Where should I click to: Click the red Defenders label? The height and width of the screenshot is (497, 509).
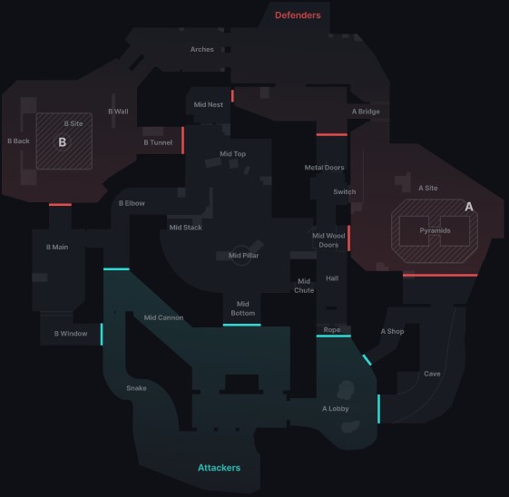tap(298, 15)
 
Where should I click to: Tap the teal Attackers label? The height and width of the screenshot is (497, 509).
tap(220, 467)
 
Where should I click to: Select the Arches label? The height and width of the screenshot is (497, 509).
tap(202, 49)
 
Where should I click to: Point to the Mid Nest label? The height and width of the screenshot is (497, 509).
tap(209, 104)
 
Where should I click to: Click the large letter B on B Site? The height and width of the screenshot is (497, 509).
tap(63, 142)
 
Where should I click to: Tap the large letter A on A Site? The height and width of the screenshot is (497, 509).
tap(469, 207)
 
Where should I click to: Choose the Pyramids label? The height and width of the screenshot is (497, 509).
tap(435, 230)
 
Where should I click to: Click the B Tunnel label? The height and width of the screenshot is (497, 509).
tap(158, 142)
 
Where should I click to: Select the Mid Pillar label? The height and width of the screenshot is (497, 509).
tap(243, 256)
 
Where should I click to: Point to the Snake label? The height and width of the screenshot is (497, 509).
tap(136, 388)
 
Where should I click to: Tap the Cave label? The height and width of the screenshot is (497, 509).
tap(432, 374)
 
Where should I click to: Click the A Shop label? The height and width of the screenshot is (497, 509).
tap(392, 332)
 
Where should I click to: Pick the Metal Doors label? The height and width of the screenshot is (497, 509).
tap(324, 168)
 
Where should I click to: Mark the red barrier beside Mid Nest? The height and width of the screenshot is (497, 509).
tap(232, 96)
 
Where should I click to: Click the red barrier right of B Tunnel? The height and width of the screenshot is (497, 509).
tap(182, 141)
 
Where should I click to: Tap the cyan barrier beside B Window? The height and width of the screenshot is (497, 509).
tap(102, 334)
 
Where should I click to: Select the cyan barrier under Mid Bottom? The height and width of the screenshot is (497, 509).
tap(242, 325)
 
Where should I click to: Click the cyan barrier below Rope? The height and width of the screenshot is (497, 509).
tap(334, 336)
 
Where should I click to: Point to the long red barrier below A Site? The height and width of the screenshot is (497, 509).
tap(440, 276)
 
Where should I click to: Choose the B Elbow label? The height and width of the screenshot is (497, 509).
tap(132, 203)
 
